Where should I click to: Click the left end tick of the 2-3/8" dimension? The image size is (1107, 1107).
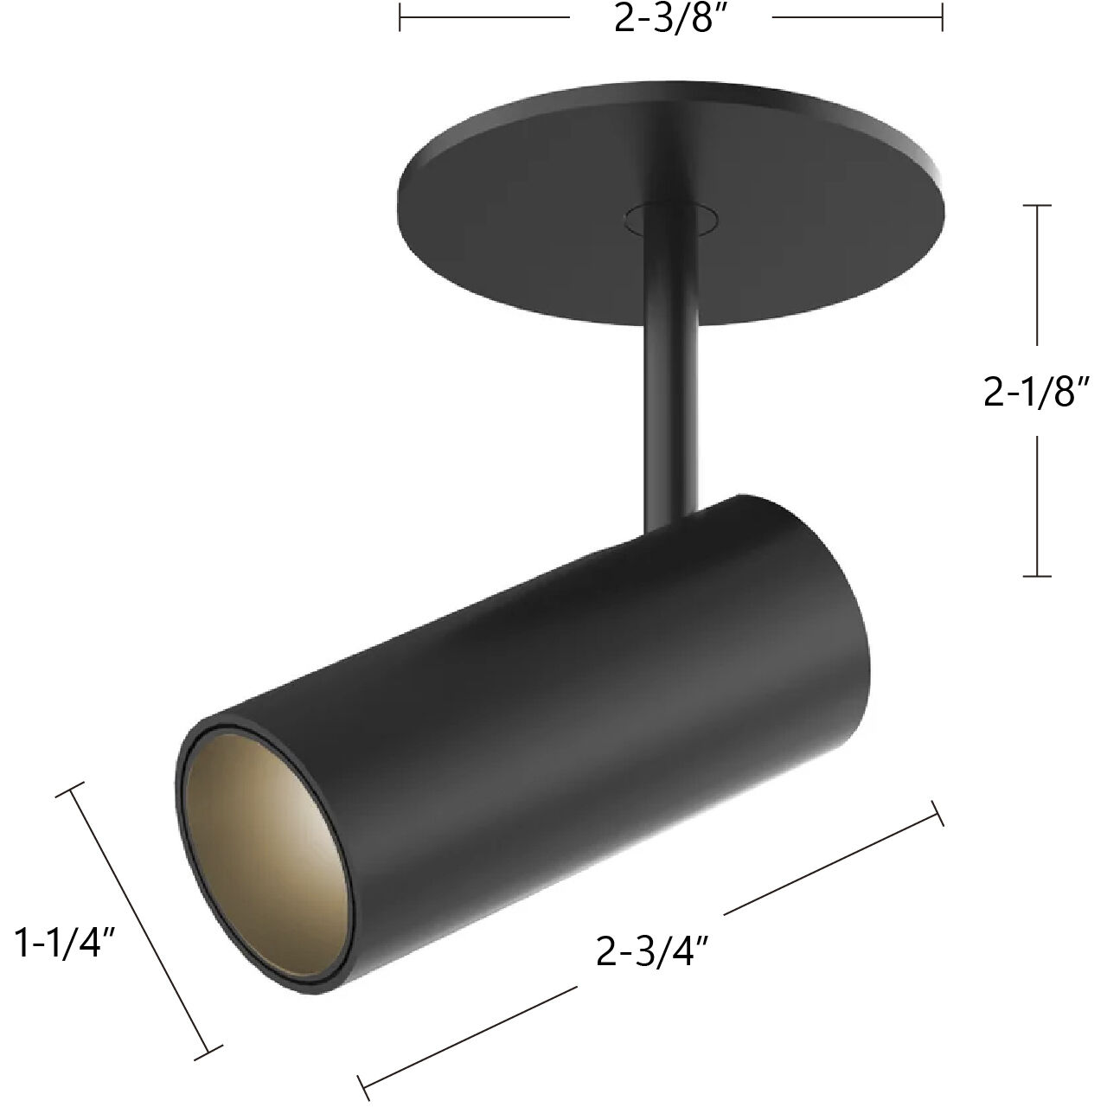(x=400, y=17)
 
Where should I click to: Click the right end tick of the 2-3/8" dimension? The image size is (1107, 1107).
(x=942, y=17)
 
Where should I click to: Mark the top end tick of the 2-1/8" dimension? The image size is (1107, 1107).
(x=1037, y=206)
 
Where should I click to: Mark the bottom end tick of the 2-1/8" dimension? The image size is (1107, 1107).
(x=1037, y=575)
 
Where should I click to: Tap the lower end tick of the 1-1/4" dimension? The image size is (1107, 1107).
(x=208, y=1050)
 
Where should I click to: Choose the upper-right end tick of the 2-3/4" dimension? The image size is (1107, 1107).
(x=936, y=814)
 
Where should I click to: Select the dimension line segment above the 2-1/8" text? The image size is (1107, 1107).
(x=1037, y=277)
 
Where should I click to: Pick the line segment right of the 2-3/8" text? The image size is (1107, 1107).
(x=854, y=17)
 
